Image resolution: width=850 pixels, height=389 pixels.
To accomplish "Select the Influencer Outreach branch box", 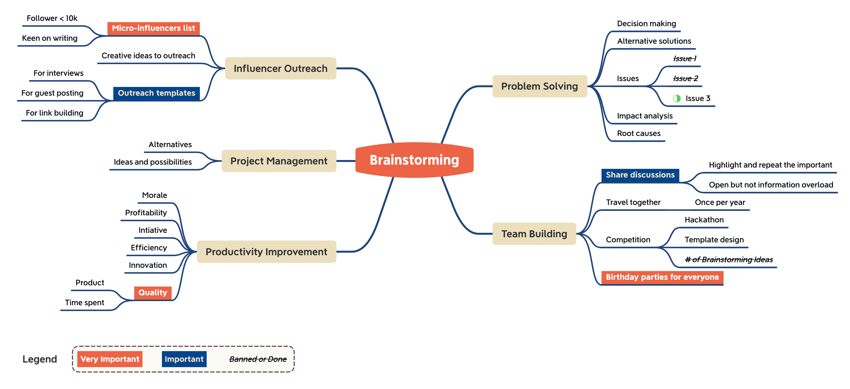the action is coord(281,68).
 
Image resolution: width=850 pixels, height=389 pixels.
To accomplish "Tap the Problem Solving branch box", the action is coord(540,86).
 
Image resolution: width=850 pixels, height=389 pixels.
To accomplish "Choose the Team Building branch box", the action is coord(534,234).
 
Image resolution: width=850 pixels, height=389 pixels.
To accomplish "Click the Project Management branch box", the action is coord(279,161).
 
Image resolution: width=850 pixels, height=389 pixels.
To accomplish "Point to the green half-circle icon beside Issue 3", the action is coord(677,98).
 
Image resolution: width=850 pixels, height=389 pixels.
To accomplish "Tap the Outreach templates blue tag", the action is coord(156,93).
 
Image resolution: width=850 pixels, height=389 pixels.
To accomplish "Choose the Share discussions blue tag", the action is coord(640,175).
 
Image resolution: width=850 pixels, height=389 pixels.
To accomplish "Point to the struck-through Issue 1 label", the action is coord(685,59).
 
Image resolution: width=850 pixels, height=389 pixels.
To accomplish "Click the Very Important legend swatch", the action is coord(110,359).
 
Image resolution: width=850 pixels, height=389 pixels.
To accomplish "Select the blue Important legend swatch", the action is coord(184,359).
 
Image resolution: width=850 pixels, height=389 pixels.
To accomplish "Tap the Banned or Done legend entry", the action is coord(258,359).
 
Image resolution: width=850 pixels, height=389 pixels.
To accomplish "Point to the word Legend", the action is coord(40,359).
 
